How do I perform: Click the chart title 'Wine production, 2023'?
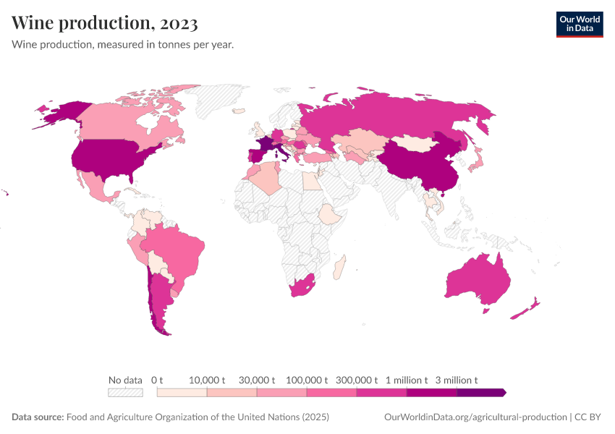pyautogui.click(x=105, y=24)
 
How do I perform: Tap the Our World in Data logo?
pyautogui.click(x=579, y=24)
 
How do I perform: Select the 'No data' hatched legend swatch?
pyautogui.click(x=125, y=393)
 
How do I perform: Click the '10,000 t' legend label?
pyautogui.click(x=207, y=380)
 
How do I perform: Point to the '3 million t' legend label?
pyautogui.click(x=457, y=380)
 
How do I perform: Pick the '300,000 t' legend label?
pyautogui.click(x=357, y=380)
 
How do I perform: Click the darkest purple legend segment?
pyautogui.click(x=480, y=393)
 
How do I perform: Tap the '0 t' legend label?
pyautogui.click(x=157, y=380)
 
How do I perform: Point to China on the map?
pyautogui.click(x=416, y=163)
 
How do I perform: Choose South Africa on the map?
pyautogui.click(x=303, y=286)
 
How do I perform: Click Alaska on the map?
pyautogui.click(x=58, y=110)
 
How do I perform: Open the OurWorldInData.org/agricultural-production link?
pyautogui.click(x=474, y=417)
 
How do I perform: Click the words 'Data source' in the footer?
pyautogui.click(x=37, y=417)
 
